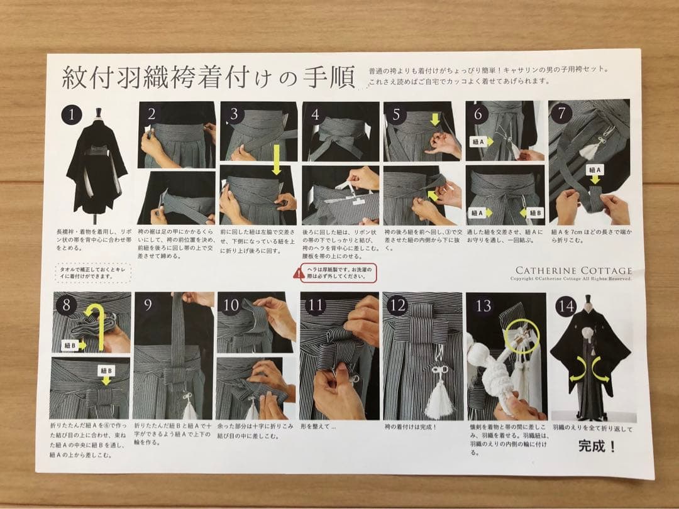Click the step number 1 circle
coord(72,114)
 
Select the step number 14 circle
coord(566,307)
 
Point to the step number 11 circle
coord(316,306)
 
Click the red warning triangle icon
coord(298,272)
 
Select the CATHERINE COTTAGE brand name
coord(573,270)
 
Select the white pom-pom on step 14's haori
coord(590,334)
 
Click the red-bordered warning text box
coord(334,272)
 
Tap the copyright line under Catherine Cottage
coord(570,278)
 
